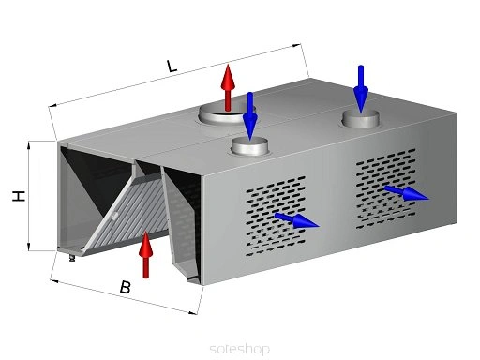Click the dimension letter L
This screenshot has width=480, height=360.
(172, 66)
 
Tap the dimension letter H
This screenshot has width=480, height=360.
(19, 196)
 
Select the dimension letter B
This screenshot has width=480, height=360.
(125, 287)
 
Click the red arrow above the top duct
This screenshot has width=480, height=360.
(228, 87)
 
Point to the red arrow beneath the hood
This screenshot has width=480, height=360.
(145, 254)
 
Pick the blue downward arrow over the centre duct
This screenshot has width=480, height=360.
(250, 116)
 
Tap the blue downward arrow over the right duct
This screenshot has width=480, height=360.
(361, 89)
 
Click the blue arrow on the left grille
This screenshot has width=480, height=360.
(296, 220)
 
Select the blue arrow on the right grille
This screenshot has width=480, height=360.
(406, 192)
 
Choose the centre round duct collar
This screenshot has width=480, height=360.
(249, 146)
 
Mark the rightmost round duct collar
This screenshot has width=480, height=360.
(361, 118)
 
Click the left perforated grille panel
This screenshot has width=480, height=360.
(276, 216)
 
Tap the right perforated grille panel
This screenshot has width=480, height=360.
(386, 188)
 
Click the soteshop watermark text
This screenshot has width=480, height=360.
(240, 349)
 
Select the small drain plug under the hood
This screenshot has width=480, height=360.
(72, 258)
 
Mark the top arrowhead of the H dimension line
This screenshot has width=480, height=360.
(29, 145)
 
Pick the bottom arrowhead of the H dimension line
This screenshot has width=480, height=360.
(29, 247)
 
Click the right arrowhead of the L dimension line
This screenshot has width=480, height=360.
(297, 45)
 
